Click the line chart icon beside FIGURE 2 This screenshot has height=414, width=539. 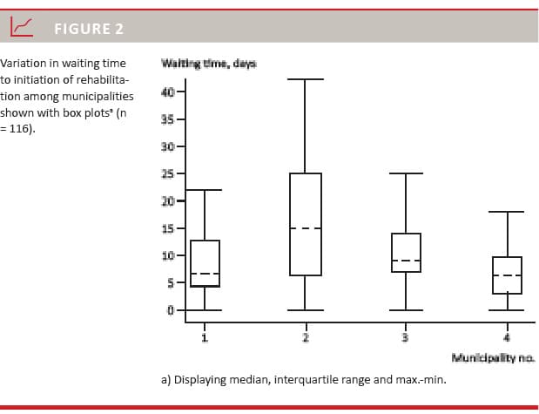click(x=22, y=28)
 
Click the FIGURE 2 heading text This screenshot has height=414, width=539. click(x=89, y=29)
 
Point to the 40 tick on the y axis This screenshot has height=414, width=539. click(x=169, y=92)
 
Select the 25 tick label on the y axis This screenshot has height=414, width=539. click(x=169, y=173)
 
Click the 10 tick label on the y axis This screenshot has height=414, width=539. click(x=169, y=255)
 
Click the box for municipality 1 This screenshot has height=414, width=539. click(x=205, y=263)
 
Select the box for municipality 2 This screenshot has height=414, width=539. click(x=305, y=224)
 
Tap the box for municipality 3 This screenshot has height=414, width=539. click(x=406, y=252)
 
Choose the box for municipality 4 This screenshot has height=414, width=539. click(x=507, y=275)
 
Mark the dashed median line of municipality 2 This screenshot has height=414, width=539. click(x=305, y=228)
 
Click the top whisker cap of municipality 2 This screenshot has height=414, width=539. click(x=305, y=79)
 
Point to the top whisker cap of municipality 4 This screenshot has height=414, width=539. click(x=507, y=212)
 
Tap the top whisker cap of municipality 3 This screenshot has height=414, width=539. click(x=406, y=173)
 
